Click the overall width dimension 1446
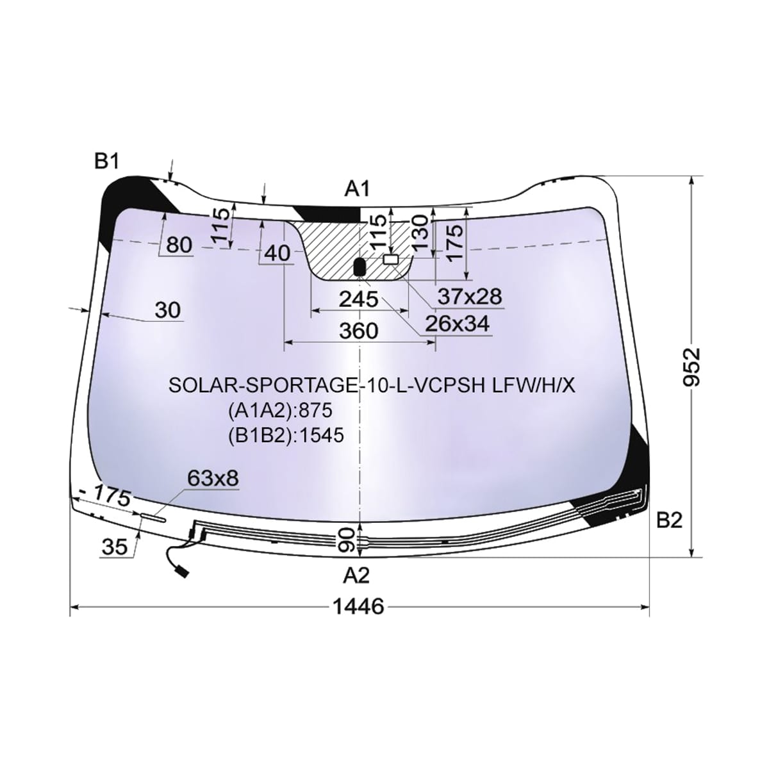pyautogui.click(x=358, y=607)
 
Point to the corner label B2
pyautogui.click(x=669, y=520)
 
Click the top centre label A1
pyautogui.click(x=358, y=189)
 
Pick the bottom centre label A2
pyautogui.click(x=357, y=575)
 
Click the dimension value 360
pyautogui.click(x=358, y=331)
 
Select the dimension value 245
pyautogui.click(x=358, y=299)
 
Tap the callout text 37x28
pyautogui.click(x=470, y=297)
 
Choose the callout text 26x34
pyautogui.click(x=456, y=324)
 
